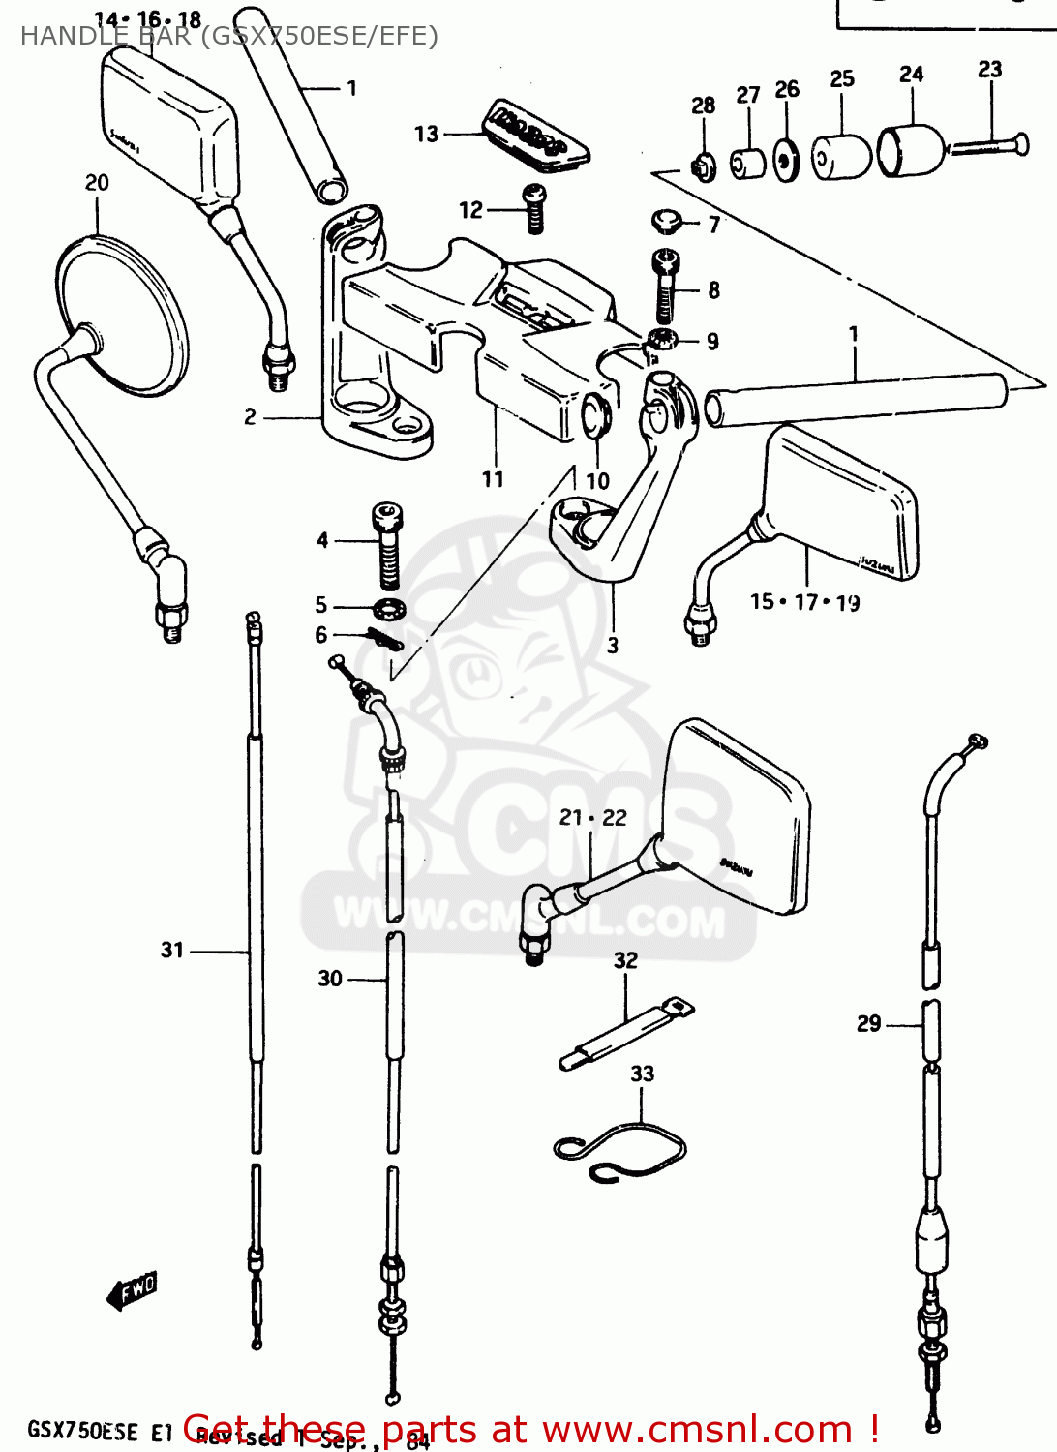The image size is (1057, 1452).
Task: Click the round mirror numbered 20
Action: click(x=121, y=315)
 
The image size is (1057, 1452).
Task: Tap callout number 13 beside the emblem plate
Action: click(x=426, y=135)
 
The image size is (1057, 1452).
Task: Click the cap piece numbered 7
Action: click(x=666, y=221)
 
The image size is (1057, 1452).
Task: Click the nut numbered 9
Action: click(x=661, y=340)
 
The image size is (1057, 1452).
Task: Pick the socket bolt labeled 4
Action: click(x=387, y=545)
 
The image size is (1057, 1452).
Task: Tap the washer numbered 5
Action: click(x=390, y=609)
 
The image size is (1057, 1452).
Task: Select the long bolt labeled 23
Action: click(x=987, y=147)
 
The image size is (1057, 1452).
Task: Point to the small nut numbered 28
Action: click(x=704, y=168)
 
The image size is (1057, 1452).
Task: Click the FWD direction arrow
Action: click(x=133, y=1290)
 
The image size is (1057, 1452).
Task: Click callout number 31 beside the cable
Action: click(x=172, y=950)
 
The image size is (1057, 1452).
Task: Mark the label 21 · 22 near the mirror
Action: click(x=592, y=818)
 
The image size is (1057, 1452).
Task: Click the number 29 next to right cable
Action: click(x=868, y=1024)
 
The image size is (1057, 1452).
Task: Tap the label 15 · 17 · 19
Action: click(x=804, y=602)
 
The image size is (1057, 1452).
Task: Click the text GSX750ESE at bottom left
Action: click(x=82, y=1431)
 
